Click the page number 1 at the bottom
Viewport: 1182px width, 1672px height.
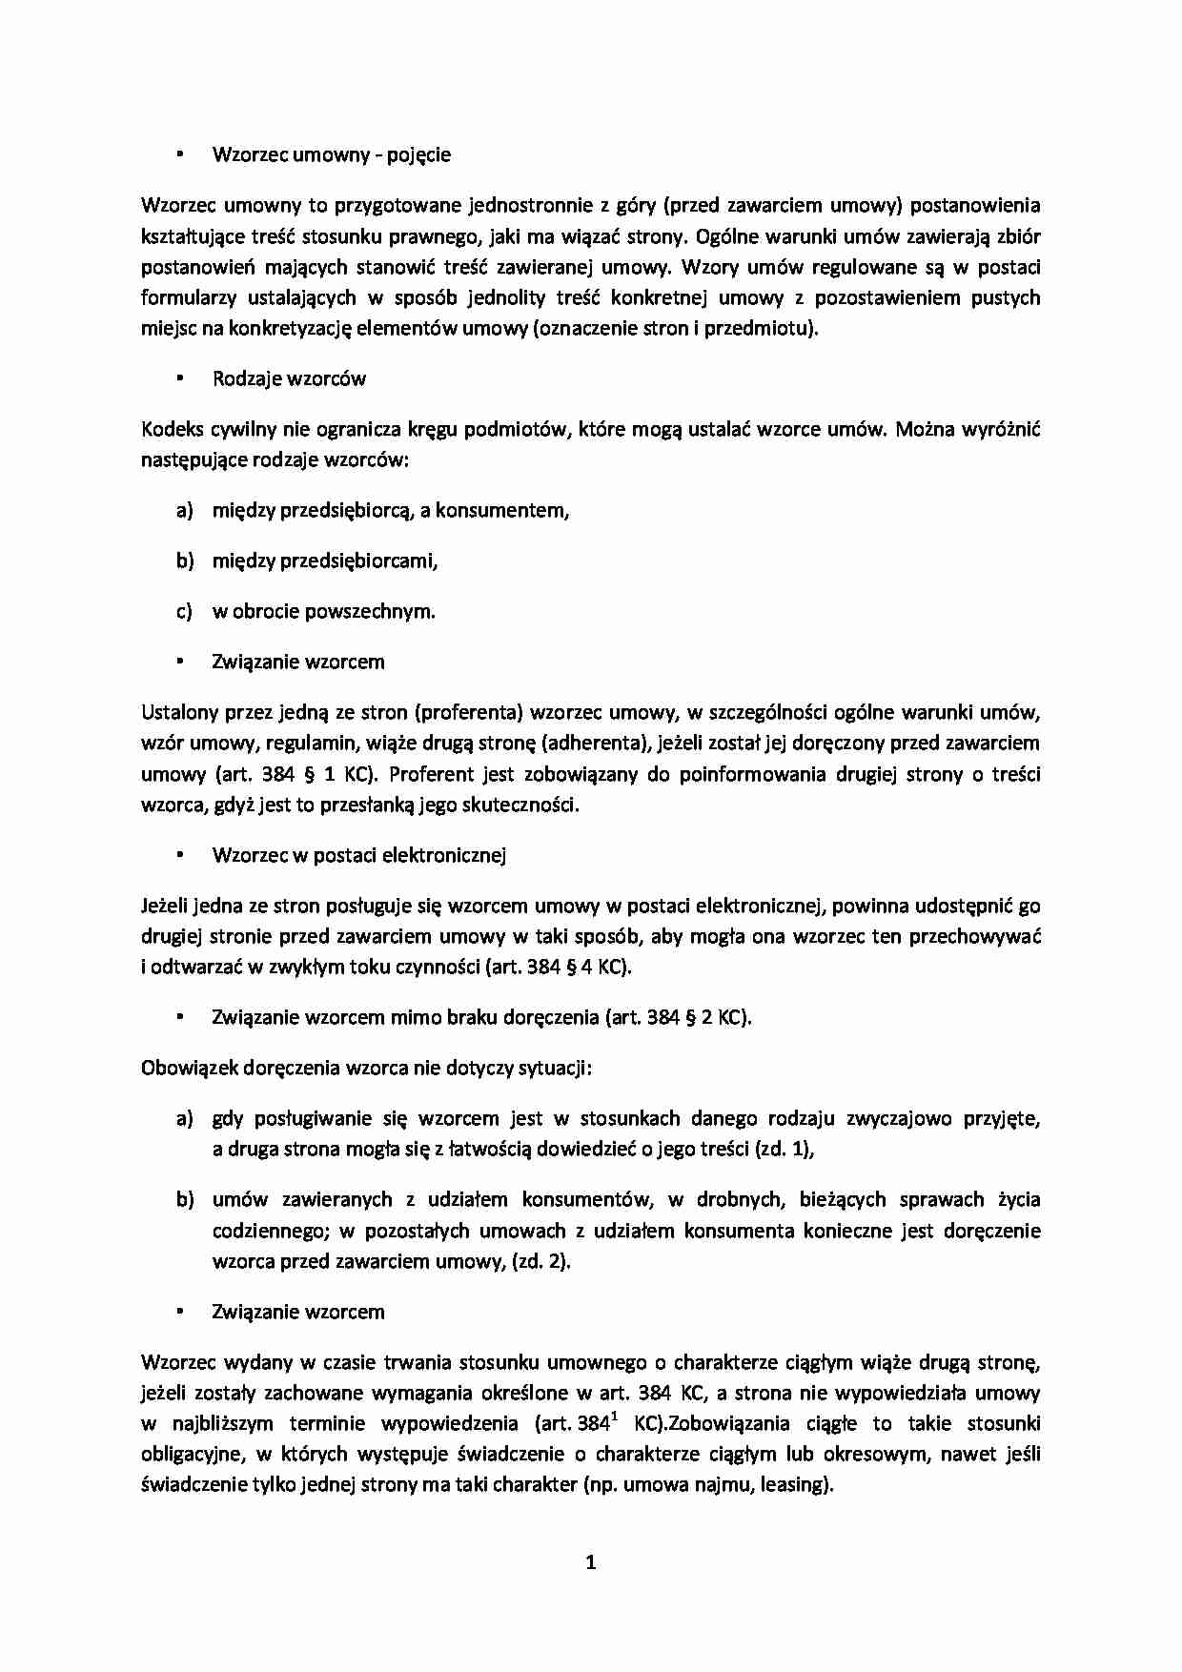point(590,1561)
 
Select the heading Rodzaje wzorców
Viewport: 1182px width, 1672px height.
point(289,378)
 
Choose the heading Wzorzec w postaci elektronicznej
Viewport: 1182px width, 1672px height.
point(358,855)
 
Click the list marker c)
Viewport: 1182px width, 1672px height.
point(185,611)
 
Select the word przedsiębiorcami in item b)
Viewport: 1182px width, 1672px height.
point(357,561)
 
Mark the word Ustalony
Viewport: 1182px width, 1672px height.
point(178,712)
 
